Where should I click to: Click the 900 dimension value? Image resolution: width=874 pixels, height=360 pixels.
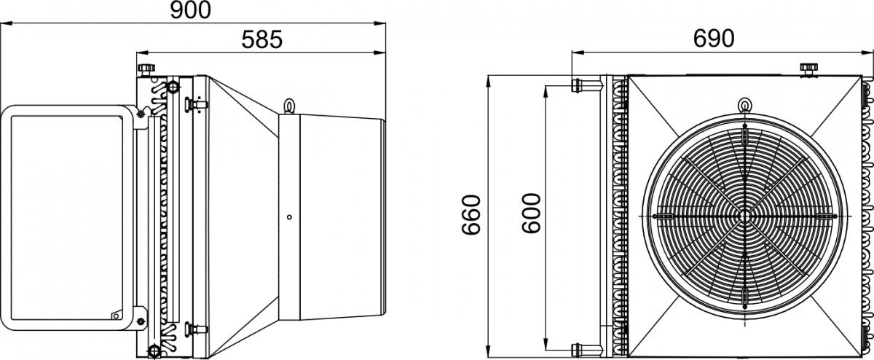(191, 10)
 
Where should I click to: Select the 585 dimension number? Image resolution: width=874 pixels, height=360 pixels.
(261, 40)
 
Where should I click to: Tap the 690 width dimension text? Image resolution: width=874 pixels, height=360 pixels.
(714, 39)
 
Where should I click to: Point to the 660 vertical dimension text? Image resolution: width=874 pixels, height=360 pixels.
(471, 215)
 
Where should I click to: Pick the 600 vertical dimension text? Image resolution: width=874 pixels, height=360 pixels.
(532, 214)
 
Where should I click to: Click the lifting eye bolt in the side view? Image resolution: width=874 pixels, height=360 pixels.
(289, 106)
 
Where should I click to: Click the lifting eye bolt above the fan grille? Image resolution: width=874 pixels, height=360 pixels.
(744, 106)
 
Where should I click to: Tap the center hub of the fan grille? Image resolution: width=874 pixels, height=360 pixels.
(744, 216)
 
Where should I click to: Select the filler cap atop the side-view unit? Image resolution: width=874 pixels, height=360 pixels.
(146, 69)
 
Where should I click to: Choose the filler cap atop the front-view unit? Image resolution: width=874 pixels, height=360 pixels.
(808, 70)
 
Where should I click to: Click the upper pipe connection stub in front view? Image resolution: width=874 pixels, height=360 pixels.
(586, 85)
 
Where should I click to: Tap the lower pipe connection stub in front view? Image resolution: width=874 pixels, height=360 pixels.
(586, 350)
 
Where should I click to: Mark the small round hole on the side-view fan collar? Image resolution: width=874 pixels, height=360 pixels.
(289, 217)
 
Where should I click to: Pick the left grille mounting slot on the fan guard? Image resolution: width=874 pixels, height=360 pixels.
(663, 216)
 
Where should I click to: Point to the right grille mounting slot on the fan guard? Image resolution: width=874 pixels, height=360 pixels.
(827, 216)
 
